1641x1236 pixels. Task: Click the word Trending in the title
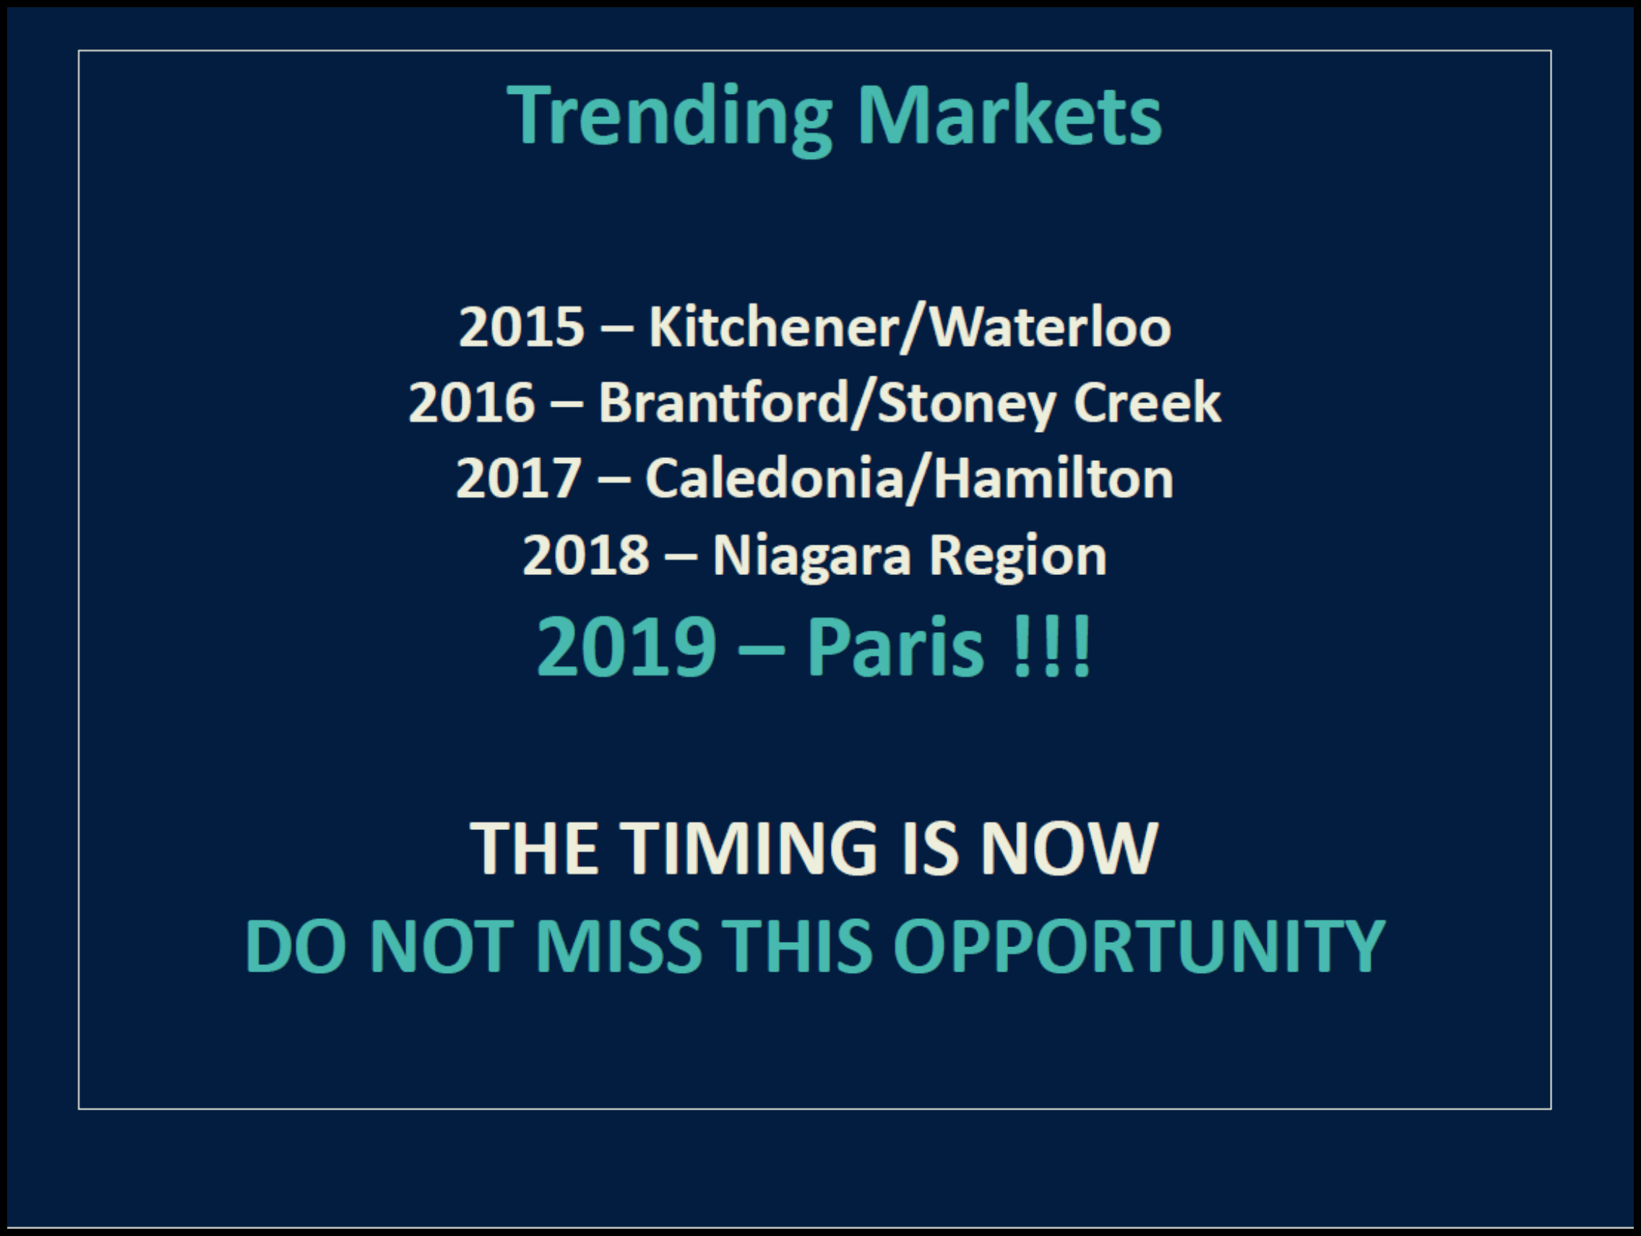point(669,118)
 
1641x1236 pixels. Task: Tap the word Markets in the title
point(1009,115)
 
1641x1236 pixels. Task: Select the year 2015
point(522,327)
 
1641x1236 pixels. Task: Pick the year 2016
point(471,402)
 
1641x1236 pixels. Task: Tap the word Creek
point(1147,402)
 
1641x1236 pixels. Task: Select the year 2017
point(519,477)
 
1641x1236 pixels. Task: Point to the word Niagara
point(811,556)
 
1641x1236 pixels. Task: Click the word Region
point(1018,556)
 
